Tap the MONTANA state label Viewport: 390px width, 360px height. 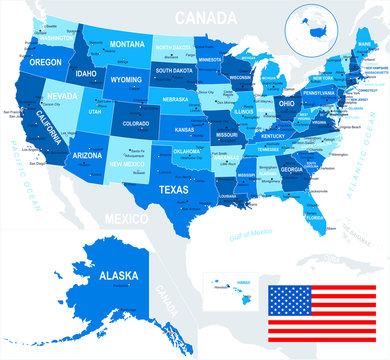point(128,45)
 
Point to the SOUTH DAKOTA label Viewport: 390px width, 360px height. point(175,71)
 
